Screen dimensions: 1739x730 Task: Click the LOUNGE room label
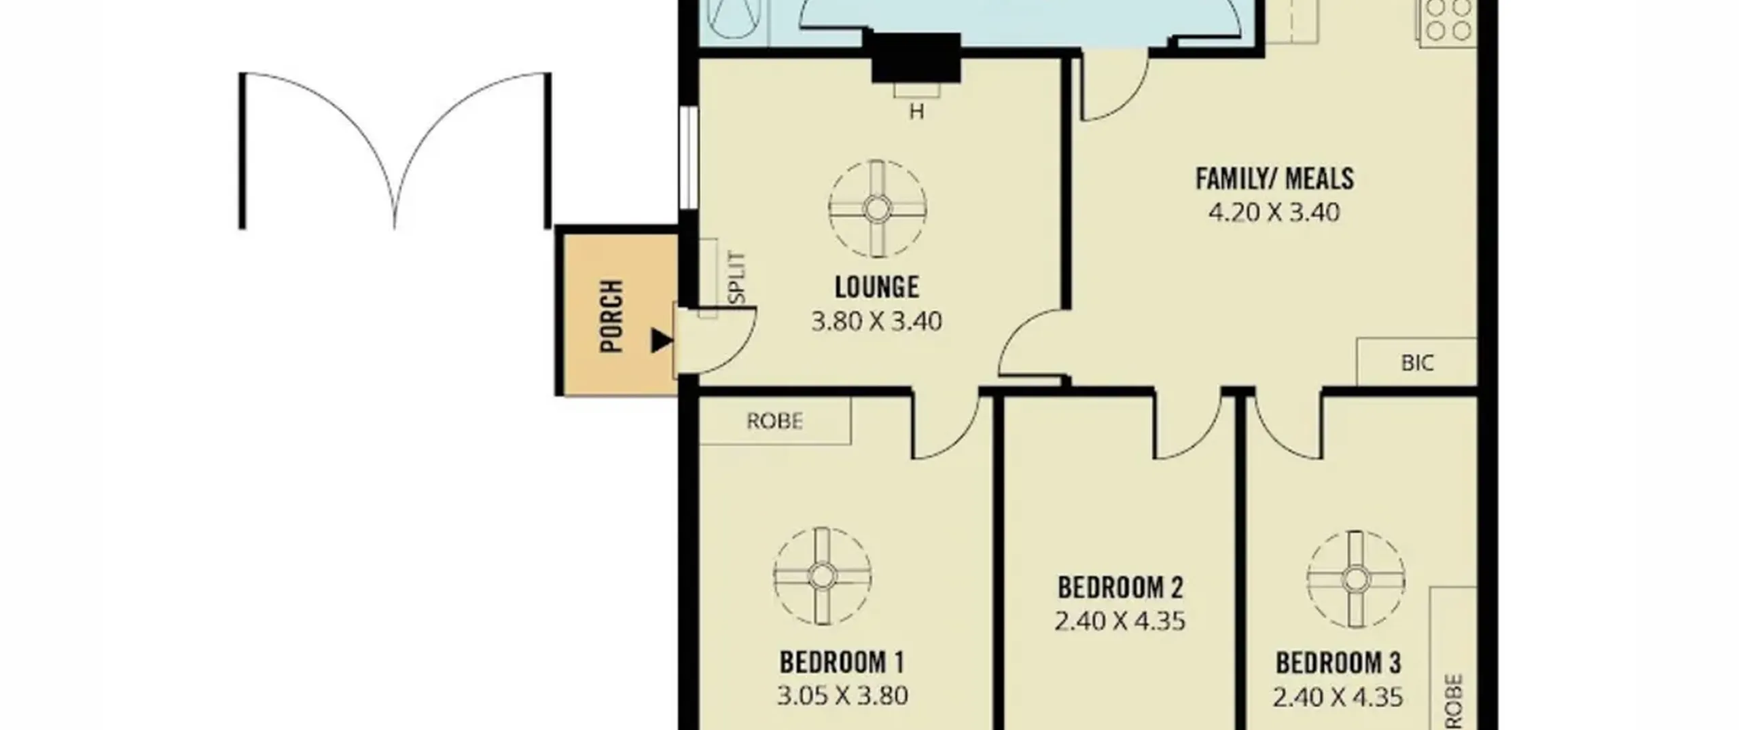pos(876,287)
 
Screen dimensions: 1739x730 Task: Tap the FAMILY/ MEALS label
pos(1274,179)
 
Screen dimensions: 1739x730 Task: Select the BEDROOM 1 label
pos(842,662)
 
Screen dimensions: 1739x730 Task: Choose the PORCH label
pos(612,316)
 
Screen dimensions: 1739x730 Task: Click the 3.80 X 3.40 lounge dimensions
pos(876,321)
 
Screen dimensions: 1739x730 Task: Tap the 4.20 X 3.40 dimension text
pos(1274,213)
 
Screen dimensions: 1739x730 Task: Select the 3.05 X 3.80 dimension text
pos(842,696)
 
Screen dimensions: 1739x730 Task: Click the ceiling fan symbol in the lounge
pos(878,208)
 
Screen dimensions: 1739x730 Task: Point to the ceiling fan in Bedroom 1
pos(822,576)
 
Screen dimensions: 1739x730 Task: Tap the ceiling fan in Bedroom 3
pos(1356,579)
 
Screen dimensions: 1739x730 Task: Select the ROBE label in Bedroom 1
pos(774,422)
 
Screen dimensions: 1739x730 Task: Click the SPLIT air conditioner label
pos(737,278)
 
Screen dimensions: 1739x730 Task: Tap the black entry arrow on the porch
pos(662,340)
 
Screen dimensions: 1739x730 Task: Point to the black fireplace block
pos(916,58)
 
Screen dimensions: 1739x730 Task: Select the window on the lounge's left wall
pos(688,158)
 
